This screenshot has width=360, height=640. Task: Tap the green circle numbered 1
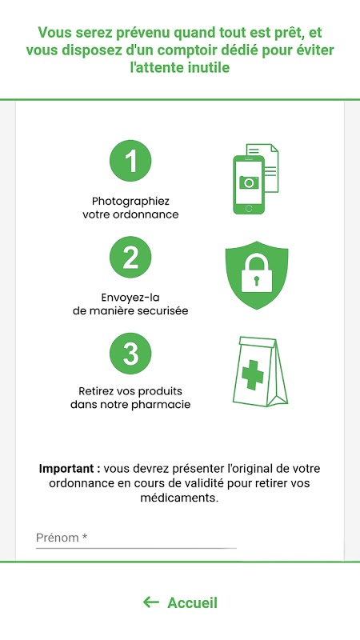click(x=130, y=161)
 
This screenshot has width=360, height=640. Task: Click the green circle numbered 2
click(x=130, y=257)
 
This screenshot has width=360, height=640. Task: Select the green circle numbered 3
click(x=130, y=354)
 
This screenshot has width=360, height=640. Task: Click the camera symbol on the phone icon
click(x=249, y=182)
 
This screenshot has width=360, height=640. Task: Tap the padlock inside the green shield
click(x=256, y=273)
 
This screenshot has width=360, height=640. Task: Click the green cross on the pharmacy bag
click(x=253, y=374)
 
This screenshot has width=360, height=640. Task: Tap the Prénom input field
click(x=136, y=538)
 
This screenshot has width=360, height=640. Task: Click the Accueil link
click(x=192, y=603)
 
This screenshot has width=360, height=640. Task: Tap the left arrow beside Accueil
click(x=151, y=602)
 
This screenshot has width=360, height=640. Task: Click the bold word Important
click(x=70, y=469)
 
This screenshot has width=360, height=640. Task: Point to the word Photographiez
click(x=130, y=202)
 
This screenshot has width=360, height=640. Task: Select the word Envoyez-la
click(x=130, y=297)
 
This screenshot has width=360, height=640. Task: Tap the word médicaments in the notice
click(x=180, y=498)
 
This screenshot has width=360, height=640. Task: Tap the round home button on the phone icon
click(x=249, y=209)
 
